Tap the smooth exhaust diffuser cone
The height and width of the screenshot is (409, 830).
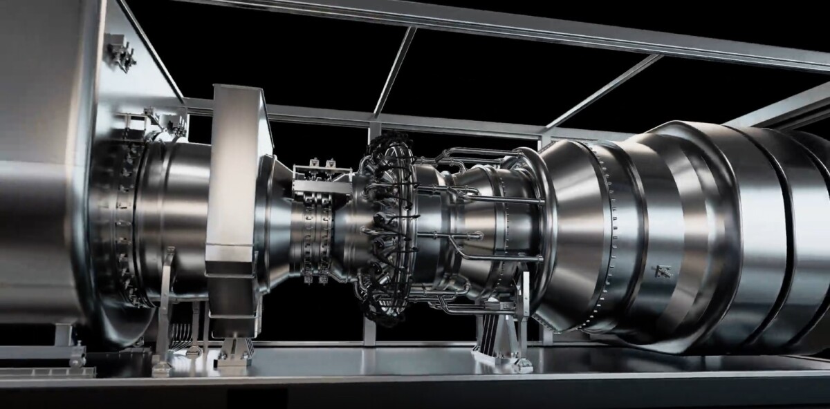574,228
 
